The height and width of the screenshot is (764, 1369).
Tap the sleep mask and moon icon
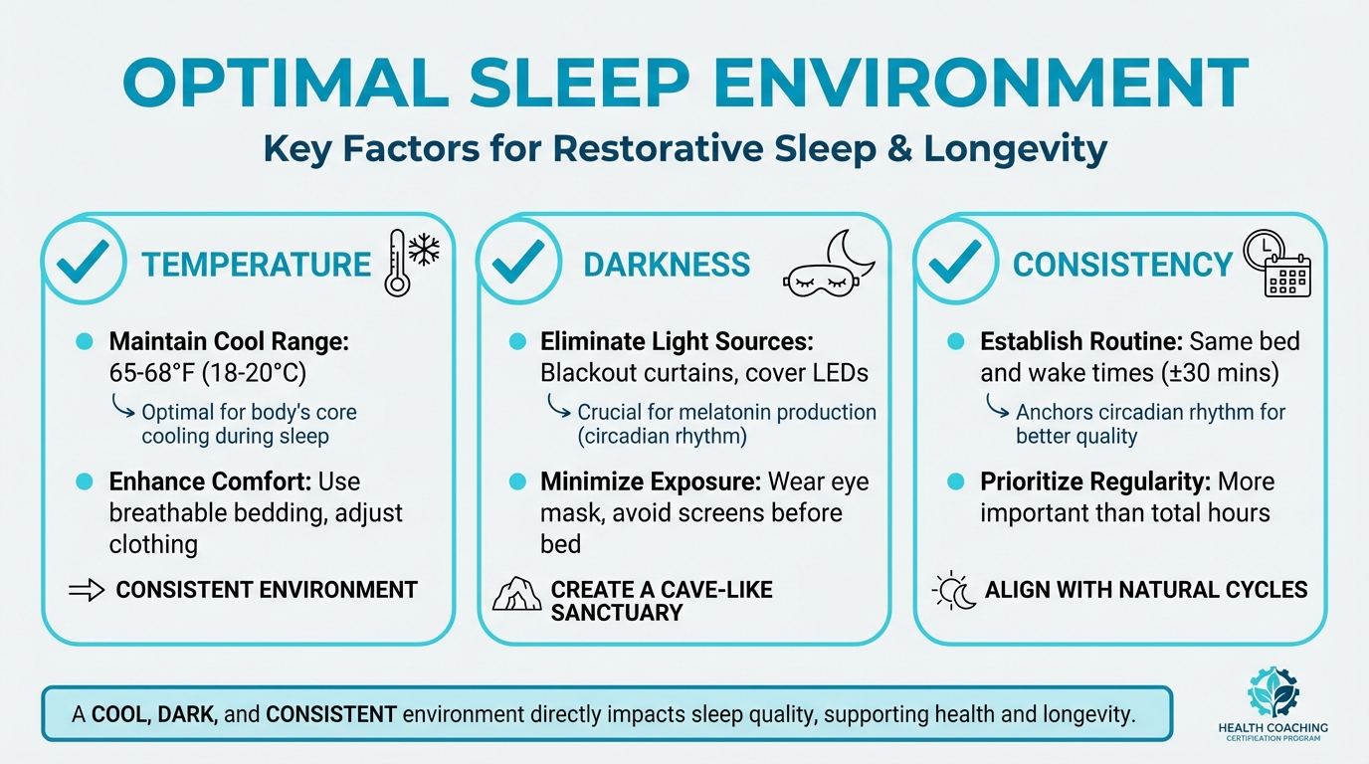pos(830,264)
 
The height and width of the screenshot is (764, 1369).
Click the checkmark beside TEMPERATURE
pos(83,263)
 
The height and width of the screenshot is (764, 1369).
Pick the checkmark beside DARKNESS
pos(520,263)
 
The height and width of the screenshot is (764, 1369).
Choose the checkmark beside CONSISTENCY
pos(956,263)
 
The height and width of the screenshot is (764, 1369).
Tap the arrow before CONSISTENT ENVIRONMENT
pos(87,590)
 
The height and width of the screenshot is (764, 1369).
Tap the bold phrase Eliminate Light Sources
pos(677,342)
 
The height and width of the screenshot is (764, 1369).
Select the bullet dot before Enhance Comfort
pos(84,481)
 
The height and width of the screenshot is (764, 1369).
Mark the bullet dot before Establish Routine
pos(956,342)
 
